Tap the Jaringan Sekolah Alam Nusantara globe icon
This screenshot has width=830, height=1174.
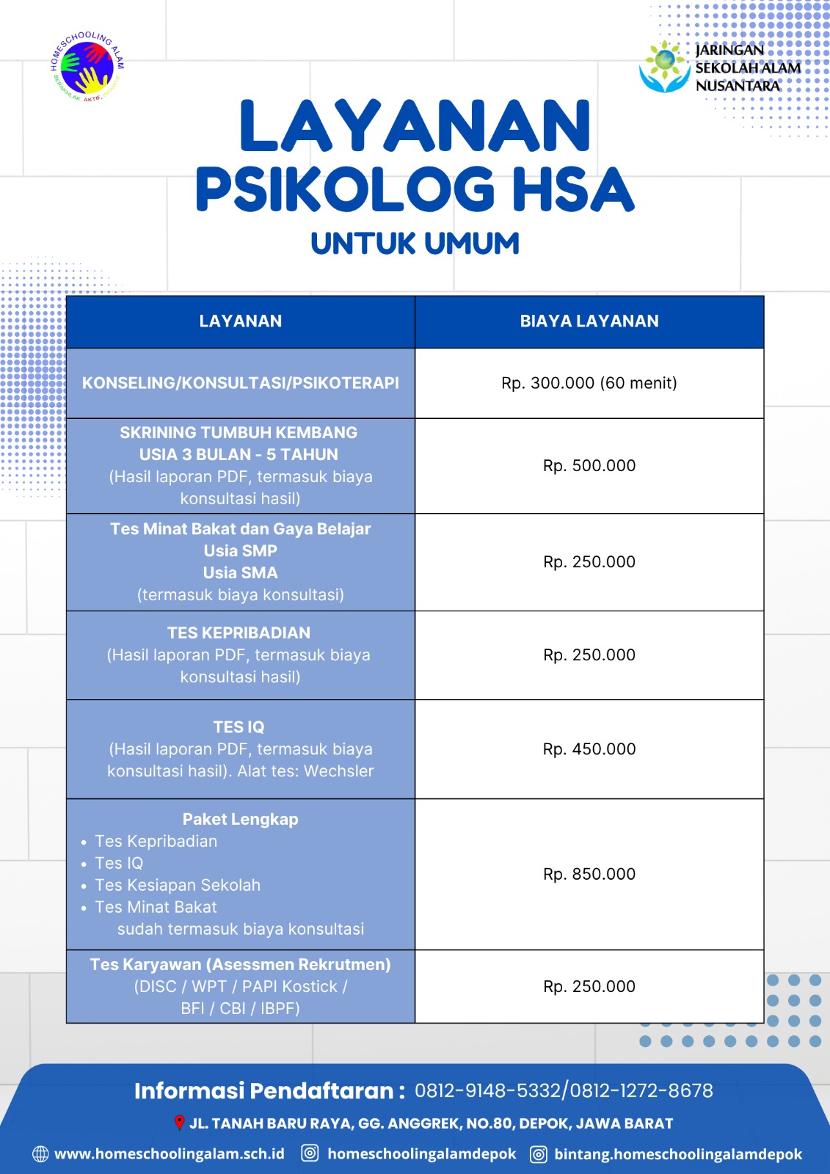(x=664, y=67)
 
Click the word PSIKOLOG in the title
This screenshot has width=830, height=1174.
(x=345, y=189)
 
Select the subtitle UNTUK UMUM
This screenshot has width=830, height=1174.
(x=415, y=244)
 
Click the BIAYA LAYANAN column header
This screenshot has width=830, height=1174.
(x=589, y=321)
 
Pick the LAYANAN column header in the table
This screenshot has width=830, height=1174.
(x=240, y=321)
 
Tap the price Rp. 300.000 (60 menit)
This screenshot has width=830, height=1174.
(x=589, y=383)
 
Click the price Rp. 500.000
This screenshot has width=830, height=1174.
(x=589, y=466)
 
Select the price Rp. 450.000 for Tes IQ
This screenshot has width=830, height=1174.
(x=589, y=749)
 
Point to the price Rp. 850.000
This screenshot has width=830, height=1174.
(x=589, y=874)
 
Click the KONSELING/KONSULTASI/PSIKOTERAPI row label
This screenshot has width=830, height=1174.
(x=240, y=383)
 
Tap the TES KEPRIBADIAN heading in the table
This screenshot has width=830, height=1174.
(x=239, y=632)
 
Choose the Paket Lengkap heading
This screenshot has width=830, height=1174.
(x=240, y=820)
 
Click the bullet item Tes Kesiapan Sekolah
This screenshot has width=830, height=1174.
(x=178, y=886)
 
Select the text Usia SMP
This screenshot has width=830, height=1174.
(x=240, y=551)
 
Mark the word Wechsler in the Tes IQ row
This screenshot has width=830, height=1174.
(x=338, y=771)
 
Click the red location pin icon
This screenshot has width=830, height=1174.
(x=179, y=1123)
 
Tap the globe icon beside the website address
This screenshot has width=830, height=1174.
(x=40, y=1154)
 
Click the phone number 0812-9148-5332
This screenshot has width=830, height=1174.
(x=487, y=1091)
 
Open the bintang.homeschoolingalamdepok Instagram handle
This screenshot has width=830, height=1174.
(x=677, y=1154)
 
